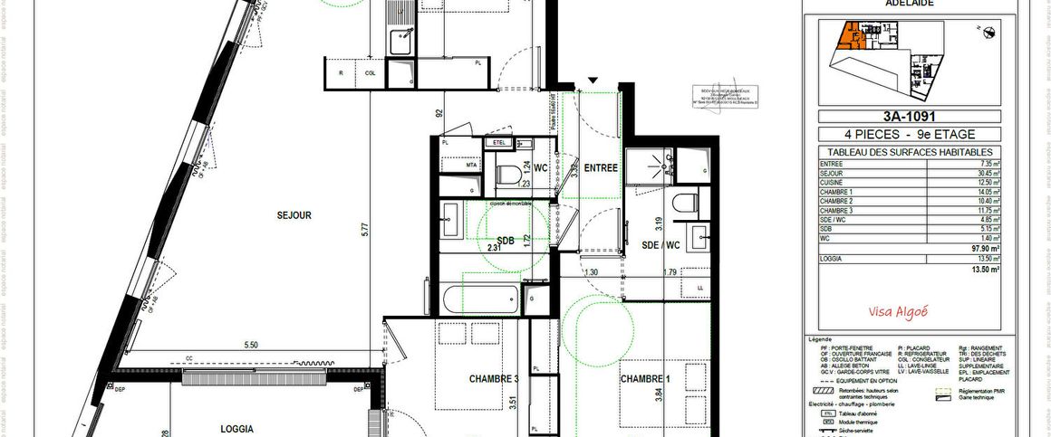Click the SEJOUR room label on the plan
[294, 215]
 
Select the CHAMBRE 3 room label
[494, 379]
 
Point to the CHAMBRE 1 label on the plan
[645, 377]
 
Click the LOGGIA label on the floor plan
[236, 429]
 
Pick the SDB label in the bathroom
[505, 240]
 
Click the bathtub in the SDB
[480, 299]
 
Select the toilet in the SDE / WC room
[686, 200]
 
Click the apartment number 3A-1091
[908, 116]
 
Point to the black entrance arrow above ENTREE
[593, 82]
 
